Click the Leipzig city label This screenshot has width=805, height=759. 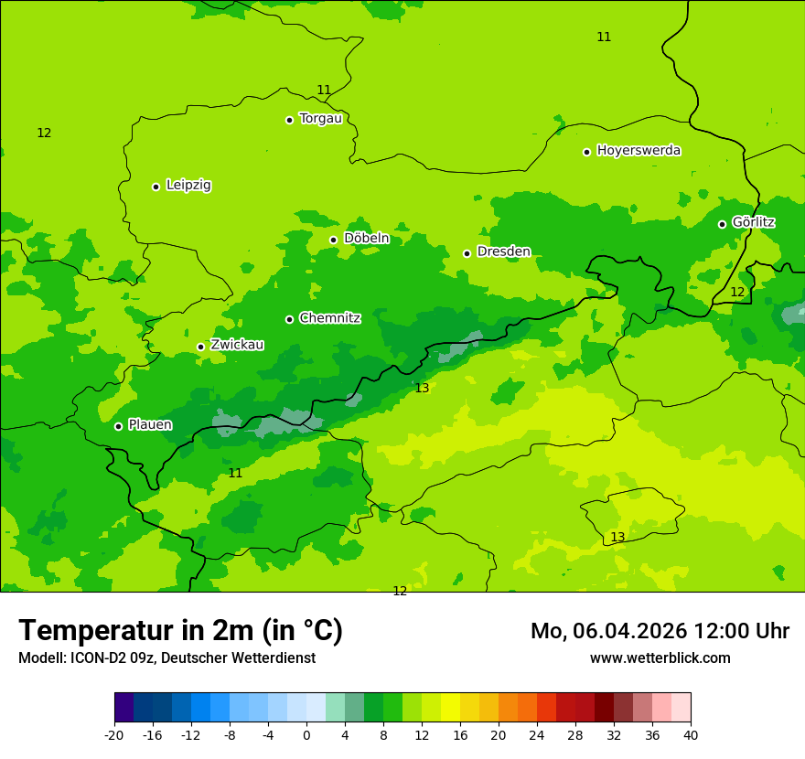point(188,185)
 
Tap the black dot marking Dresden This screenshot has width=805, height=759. point(467,253)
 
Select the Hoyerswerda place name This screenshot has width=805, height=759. point(639,150)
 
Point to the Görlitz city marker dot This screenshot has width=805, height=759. point(722,224)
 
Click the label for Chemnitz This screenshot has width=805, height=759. point(329,318)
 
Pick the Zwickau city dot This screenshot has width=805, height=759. point(200,347)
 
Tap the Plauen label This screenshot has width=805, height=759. point(150,424)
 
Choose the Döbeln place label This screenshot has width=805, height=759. point(366,238)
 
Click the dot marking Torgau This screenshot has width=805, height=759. point(289,120)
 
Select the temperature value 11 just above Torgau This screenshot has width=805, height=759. point(324,90)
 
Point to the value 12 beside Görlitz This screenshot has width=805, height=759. point(737,292)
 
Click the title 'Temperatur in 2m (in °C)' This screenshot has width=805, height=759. point(180,630)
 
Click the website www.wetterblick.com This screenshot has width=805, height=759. point(660,657)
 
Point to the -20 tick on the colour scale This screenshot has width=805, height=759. point(114,734)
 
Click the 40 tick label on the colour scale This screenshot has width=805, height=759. point(690,734)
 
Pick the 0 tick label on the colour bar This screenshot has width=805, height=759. point(306,734)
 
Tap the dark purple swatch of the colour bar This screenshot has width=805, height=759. point(123,707)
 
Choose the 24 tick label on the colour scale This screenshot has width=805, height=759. point(536,734)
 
